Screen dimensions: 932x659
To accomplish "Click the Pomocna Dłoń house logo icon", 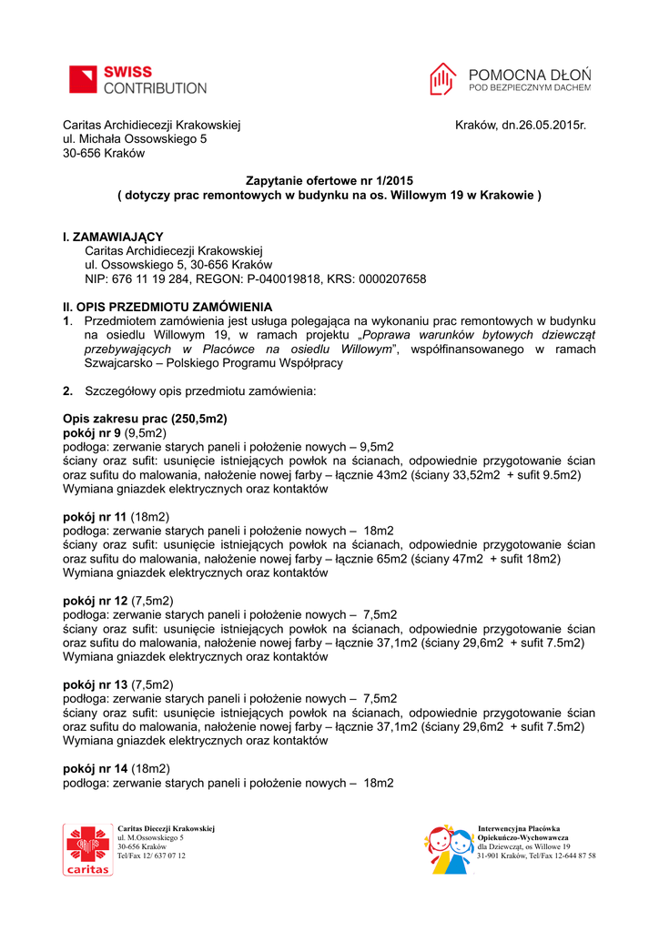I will click(443, 80).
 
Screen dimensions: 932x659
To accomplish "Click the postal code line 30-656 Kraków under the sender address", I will click(104, 153).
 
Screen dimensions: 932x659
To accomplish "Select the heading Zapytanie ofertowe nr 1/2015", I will click(329, 180).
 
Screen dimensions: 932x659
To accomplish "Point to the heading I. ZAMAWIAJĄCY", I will click(113, 237).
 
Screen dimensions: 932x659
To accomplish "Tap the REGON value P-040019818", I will click(284, 279).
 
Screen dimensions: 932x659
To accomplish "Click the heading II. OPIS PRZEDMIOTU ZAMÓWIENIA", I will click(167, 307).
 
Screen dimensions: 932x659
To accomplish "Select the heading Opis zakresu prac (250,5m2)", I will click(145, 419).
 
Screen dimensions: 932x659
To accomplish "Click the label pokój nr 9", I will click(92, 432).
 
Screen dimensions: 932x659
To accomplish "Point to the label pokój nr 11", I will click(95, 516).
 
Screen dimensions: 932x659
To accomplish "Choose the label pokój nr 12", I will click(95, 601).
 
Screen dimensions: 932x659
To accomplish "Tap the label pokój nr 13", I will click(95, 684).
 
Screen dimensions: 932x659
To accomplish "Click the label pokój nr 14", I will click(95, 768).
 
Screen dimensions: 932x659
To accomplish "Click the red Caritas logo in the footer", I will click(87, 850).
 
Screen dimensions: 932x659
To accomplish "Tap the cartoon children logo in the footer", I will click(448, 850).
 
